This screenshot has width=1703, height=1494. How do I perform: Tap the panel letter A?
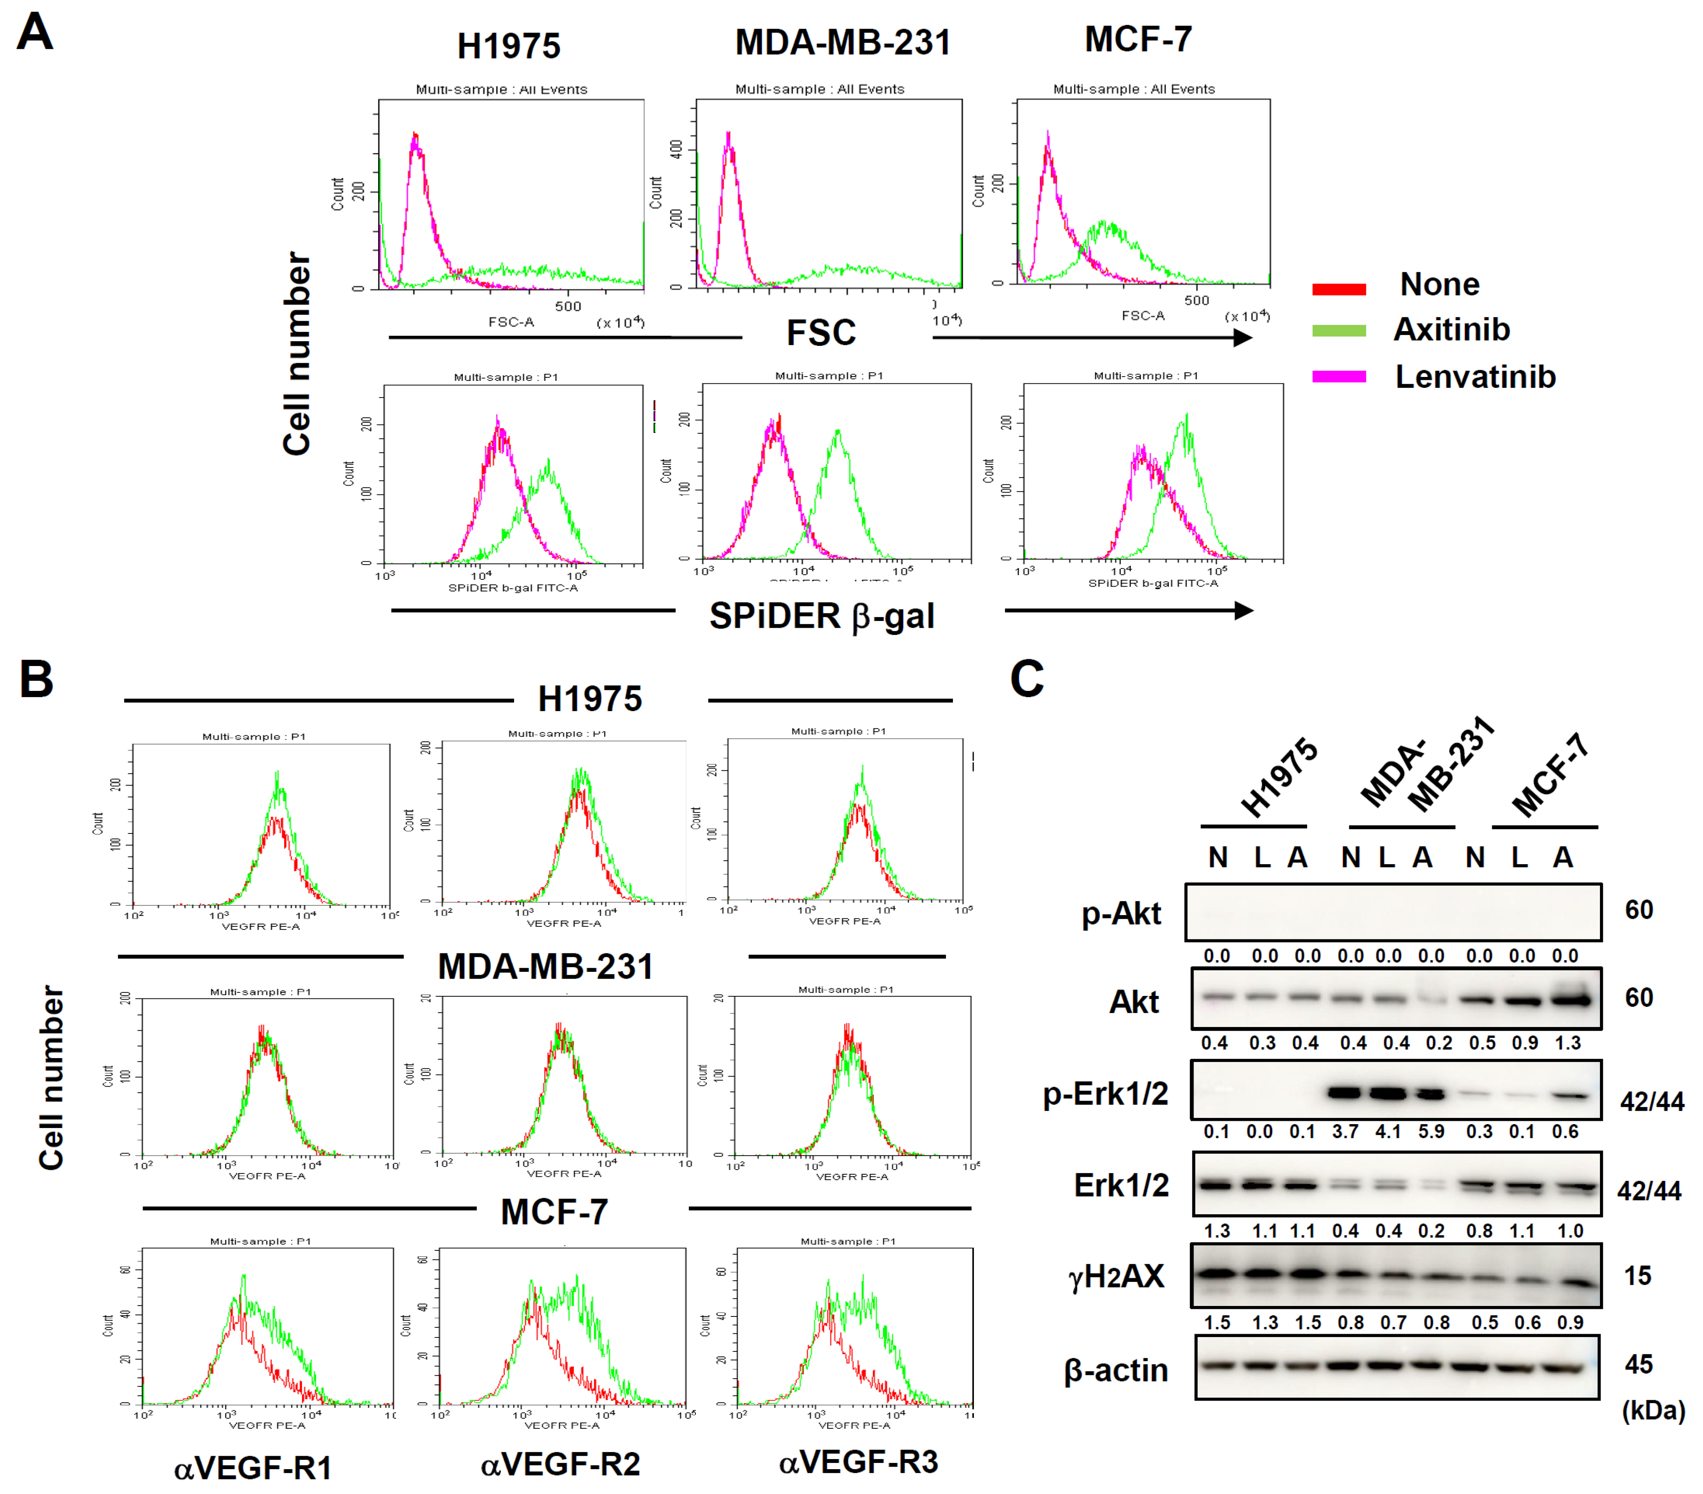point(35,33)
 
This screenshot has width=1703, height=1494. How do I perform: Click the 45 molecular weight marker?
point(1638,1364)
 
